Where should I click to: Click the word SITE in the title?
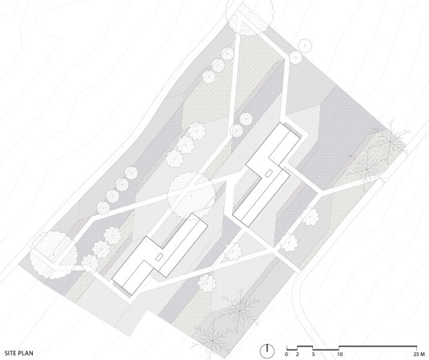click(10, 353)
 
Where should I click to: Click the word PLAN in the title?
click(26, 353)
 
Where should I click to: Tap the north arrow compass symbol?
click(267, 350)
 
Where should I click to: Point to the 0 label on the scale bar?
click(287, 354)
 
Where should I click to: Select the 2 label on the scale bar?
click(297, 354)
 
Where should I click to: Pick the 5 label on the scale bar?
click(313, 354)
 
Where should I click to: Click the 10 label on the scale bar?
click(339, 354)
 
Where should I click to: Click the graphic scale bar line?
click(351, 348)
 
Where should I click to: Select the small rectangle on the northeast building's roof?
click(269, 173)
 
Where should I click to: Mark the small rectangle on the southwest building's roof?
click(159, 257)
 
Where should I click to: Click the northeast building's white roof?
click(267, 175)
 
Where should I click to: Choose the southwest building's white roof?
click(159, 254)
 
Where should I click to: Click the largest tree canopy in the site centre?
click(191, 194)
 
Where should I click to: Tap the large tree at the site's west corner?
click(54, 255)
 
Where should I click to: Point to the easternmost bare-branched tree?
click(389, 142)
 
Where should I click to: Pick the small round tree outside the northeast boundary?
click(305, 46)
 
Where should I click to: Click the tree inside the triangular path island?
click(233, 251)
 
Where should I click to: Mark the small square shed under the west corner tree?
click(53, 253)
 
